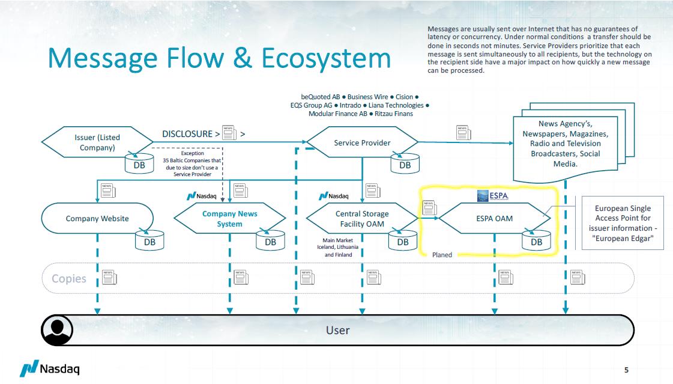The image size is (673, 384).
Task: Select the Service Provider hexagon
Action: tap(362, 143)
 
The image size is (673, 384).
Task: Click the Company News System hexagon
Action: tap(229, 219)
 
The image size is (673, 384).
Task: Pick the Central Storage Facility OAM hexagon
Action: tap(361, 218)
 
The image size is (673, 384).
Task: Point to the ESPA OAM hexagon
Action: tap(495, 218)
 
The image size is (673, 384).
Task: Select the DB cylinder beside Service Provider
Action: tap(405, 164)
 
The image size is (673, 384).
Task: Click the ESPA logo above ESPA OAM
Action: tap(493, 196)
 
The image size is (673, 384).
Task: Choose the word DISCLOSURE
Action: tap(187, 134)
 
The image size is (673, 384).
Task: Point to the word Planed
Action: tap(442, 255)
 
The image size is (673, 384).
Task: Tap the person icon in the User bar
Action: tap(57, 330)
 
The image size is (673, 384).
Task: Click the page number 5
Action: tap(626, 370)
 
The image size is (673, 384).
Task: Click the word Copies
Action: tap(69, 279)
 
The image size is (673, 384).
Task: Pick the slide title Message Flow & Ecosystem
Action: tap(219, 58)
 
